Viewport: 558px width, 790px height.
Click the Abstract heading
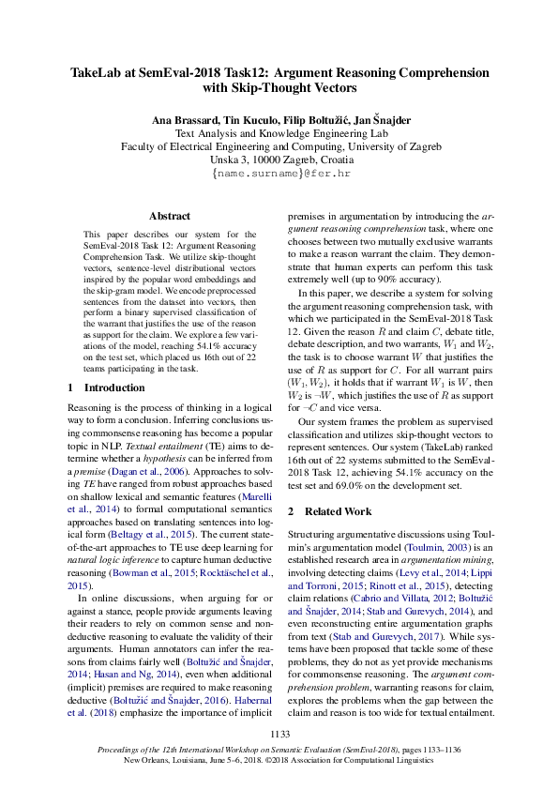click(x=170, y=216)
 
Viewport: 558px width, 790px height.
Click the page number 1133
click(x=279, y=734)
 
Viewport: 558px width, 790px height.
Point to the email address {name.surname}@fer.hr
click(x=279, y=175)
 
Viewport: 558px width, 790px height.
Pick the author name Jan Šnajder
click(x=375, y=121)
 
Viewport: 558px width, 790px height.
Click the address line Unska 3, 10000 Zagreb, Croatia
click(x=279, y=160)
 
